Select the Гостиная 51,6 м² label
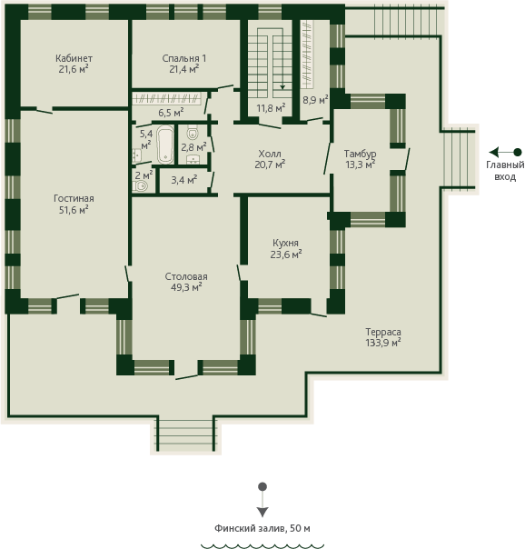point(74,205)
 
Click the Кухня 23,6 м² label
point(286,248)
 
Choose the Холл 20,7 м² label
point(270,159)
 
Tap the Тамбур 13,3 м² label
point(360,159)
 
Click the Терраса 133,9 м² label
point(383,337)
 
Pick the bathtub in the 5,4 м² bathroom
point(165,145)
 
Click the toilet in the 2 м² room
point(141,186)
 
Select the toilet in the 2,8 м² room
point(193,133)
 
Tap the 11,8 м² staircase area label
point(271,108)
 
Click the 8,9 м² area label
point(315,99)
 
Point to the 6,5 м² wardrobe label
point(171,113)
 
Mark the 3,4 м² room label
point(184,180)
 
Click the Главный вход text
point(505,171)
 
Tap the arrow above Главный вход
point(505,153)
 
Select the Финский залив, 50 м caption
point(262,528)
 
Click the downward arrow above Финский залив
point(262,500)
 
